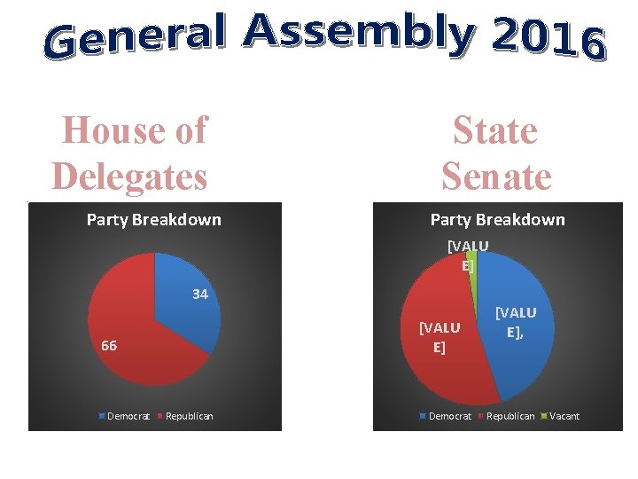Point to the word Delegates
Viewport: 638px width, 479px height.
(129, 177)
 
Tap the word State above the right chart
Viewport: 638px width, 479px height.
(495, 130)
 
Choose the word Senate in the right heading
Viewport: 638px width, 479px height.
(496, 177)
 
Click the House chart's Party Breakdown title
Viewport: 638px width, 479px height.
(154, 220)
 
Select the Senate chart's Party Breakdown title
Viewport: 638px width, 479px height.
(497, 220)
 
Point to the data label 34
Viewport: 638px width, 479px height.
(200, 294)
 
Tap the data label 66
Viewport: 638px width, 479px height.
(109, 345)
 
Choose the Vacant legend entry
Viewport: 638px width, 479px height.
(559, 416)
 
